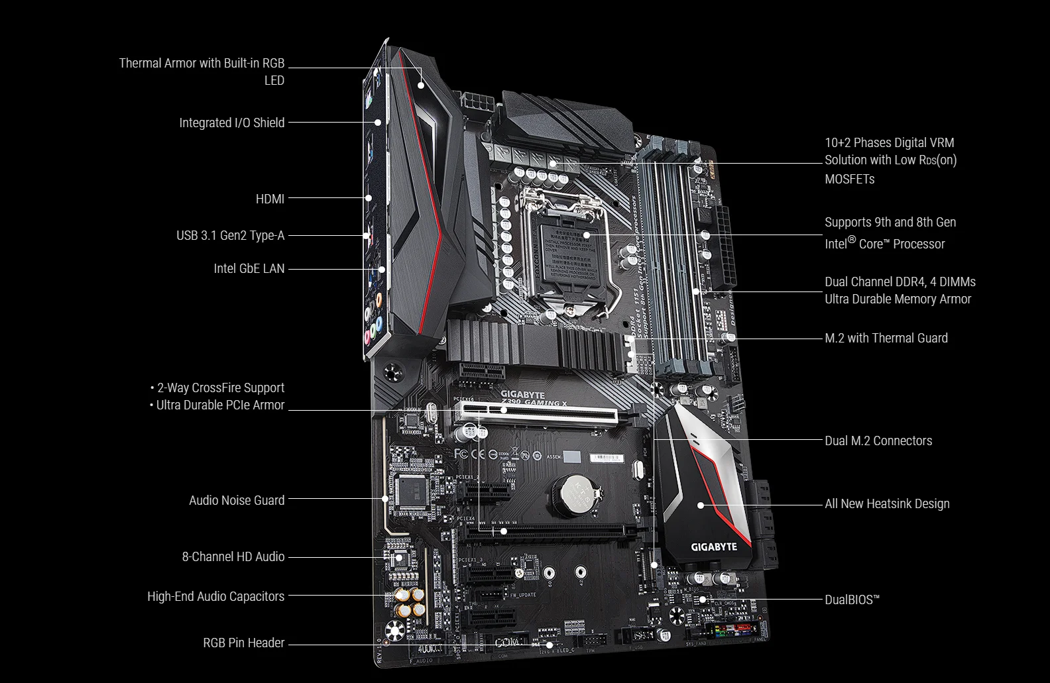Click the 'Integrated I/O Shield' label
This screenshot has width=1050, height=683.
231,123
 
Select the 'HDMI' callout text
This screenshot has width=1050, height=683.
270,199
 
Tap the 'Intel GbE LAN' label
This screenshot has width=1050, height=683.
249,268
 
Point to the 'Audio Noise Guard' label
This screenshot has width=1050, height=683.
237,500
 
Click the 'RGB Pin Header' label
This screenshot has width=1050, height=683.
243,643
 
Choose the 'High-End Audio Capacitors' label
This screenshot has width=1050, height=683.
215,596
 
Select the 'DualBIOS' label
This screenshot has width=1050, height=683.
852,600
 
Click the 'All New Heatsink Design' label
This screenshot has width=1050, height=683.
887,503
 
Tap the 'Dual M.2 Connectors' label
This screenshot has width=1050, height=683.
878,441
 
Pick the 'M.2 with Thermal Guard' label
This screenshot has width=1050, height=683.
886,338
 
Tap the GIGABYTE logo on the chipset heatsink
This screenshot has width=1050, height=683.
714,547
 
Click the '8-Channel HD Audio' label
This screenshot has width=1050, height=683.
233,556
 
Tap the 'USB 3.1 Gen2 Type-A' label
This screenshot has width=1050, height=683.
230,235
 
